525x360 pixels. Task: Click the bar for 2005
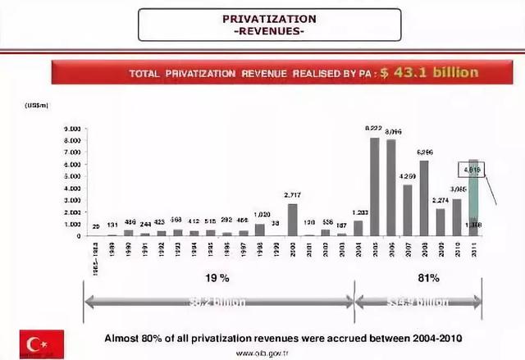374,186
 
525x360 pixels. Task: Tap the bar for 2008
423,198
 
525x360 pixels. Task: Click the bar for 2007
407,210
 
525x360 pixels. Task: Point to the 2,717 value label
294,195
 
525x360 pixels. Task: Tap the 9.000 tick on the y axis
71,130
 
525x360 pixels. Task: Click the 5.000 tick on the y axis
71,176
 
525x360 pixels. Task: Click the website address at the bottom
265,353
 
